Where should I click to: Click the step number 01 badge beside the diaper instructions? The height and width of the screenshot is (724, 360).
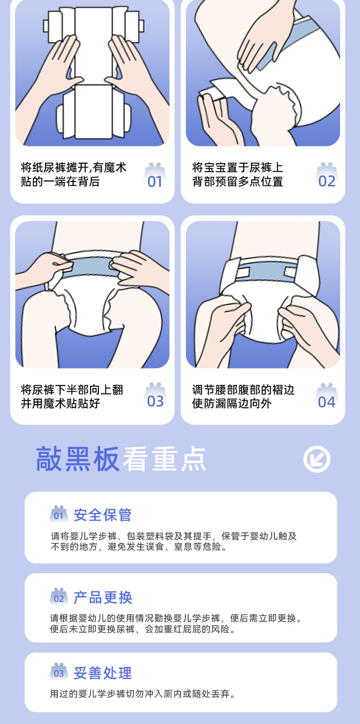(155, 176)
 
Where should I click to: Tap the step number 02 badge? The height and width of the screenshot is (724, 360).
(327, 176)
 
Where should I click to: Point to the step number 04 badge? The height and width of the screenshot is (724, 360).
(327, 396)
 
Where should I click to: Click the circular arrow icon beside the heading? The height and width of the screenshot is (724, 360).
(317, 459)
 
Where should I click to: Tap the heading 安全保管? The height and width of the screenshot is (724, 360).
(103, 515)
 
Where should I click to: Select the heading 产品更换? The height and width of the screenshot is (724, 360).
(103, 597)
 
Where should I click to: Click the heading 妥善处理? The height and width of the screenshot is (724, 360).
(103, 673)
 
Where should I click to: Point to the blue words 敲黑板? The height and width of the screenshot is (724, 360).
(78, 459)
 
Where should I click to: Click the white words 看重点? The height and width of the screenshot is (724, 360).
(164, 459)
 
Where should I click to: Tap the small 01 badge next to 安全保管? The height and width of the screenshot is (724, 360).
(59, 514)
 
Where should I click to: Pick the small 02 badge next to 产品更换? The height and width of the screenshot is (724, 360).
(59, 596)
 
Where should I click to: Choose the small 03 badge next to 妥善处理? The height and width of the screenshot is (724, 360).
(59, 672)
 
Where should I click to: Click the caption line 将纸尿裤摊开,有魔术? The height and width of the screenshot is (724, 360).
(73, 167)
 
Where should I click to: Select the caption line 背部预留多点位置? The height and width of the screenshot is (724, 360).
(238, 182)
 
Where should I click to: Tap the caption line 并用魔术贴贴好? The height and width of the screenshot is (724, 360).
(60, 404)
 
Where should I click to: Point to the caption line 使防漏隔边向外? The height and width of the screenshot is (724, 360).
(231, 404)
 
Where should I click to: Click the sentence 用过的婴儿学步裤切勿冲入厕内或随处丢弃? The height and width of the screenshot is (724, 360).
(142, 694)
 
